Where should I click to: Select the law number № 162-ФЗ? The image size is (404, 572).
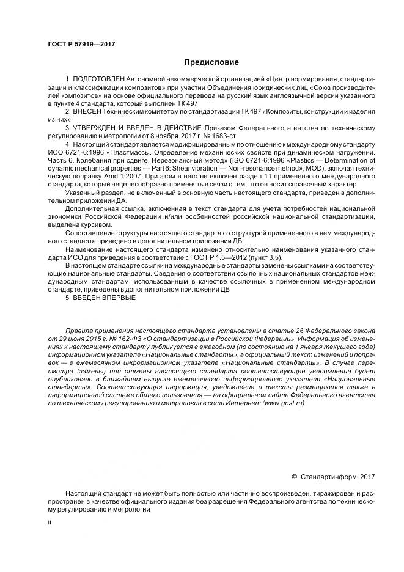coord(126,338)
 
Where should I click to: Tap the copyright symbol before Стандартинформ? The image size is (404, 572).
coord(294,477)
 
